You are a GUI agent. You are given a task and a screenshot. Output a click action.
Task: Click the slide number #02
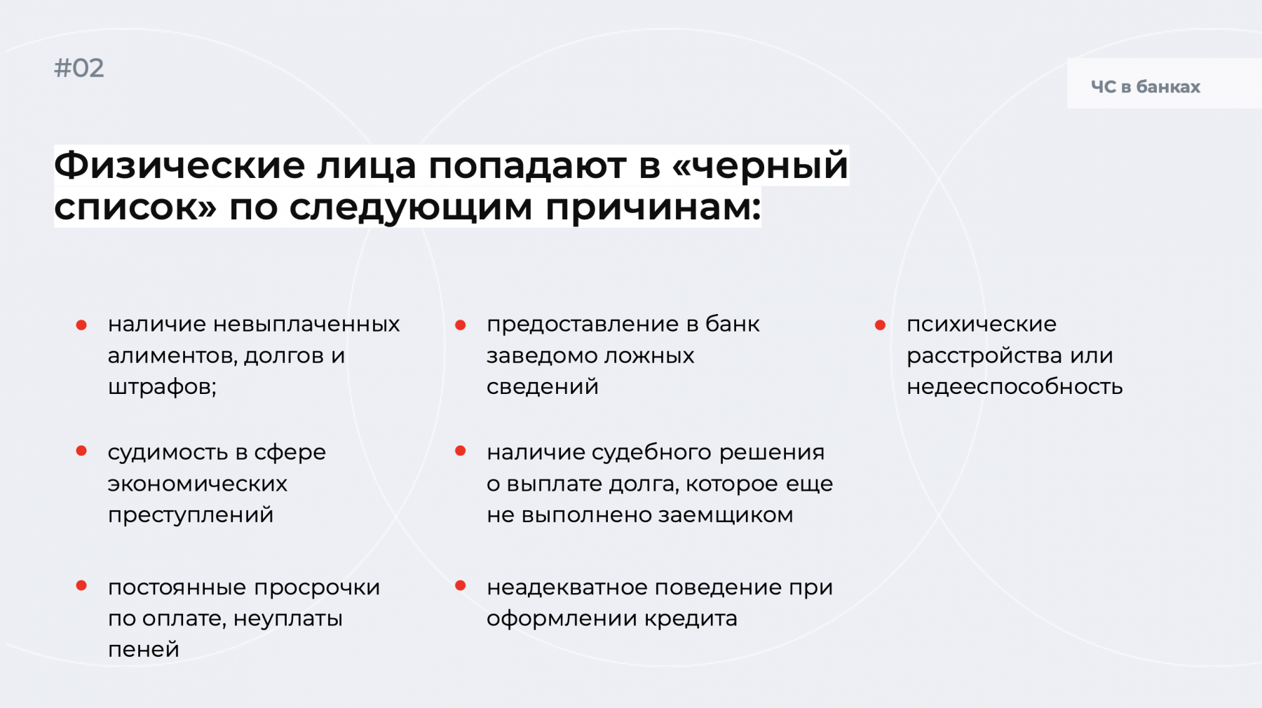[79, 68]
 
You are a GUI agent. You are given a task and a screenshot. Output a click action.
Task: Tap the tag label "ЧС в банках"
[1146, 87]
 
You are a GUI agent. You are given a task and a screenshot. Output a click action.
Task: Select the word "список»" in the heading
[135, 207]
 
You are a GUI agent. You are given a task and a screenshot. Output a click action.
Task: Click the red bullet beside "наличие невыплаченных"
[81, 325]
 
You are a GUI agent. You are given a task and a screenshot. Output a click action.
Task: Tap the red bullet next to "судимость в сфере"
[81, 451]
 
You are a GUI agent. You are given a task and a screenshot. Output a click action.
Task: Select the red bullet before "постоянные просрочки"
[81, 585]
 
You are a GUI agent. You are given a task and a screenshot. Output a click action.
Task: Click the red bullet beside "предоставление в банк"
[461, 325]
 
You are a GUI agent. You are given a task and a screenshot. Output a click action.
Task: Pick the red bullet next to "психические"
[880, 325]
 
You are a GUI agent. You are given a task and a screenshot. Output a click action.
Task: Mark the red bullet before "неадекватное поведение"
[461, 585]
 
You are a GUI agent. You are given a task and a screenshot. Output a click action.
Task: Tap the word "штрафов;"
[162, 387]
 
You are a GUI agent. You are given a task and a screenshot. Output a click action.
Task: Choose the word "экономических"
[198, 484]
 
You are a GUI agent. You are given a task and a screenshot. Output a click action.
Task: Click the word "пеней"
[144, 650]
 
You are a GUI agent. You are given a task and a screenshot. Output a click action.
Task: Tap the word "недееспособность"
[1015, 387]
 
